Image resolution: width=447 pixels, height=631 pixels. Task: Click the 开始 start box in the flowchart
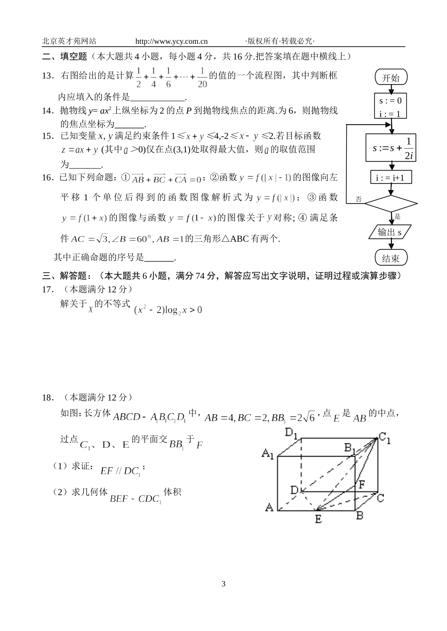(x=391, y=78)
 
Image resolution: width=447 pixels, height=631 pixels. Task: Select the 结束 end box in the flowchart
(x=391, y=258)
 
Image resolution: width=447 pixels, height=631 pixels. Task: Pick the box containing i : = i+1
(x=391, y=178)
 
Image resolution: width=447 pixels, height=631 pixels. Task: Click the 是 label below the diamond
(x=398, y=217)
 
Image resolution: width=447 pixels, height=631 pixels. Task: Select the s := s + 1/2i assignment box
(x=391, y=148)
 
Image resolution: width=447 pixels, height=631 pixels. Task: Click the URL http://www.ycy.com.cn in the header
(x=171, y=41)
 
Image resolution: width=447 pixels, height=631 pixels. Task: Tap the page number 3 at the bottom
(x=223, y=584)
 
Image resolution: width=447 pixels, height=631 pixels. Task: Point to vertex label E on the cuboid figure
(x=318, y=519)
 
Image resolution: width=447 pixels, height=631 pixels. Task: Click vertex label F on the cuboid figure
(x=361, y=484)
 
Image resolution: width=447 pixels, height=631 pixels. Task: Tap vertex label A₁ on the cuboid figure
(x=268, y=454)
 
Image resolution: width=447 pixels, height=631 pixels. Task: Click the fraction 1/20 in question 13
(x=202, y=78)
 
